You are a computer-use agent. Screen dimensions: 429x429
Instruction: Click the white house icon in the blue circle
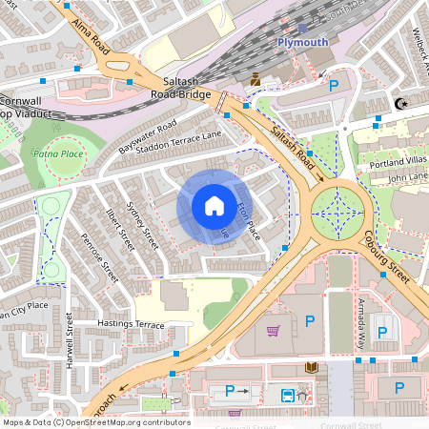point(214,206)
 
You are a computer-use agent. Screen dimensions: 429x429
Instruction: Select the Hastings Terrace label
point(131,324)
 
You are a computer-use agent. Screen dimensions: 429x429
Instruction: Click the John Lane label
point(409,177)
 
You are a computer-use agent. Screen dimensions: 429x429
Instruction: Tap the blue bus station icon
point(286,394)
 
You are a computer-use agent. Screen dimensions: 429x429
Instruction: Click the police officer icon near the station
point(255,81)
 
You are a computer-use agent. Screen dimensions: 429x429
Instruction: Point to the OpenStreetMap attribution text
point(96,422)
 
